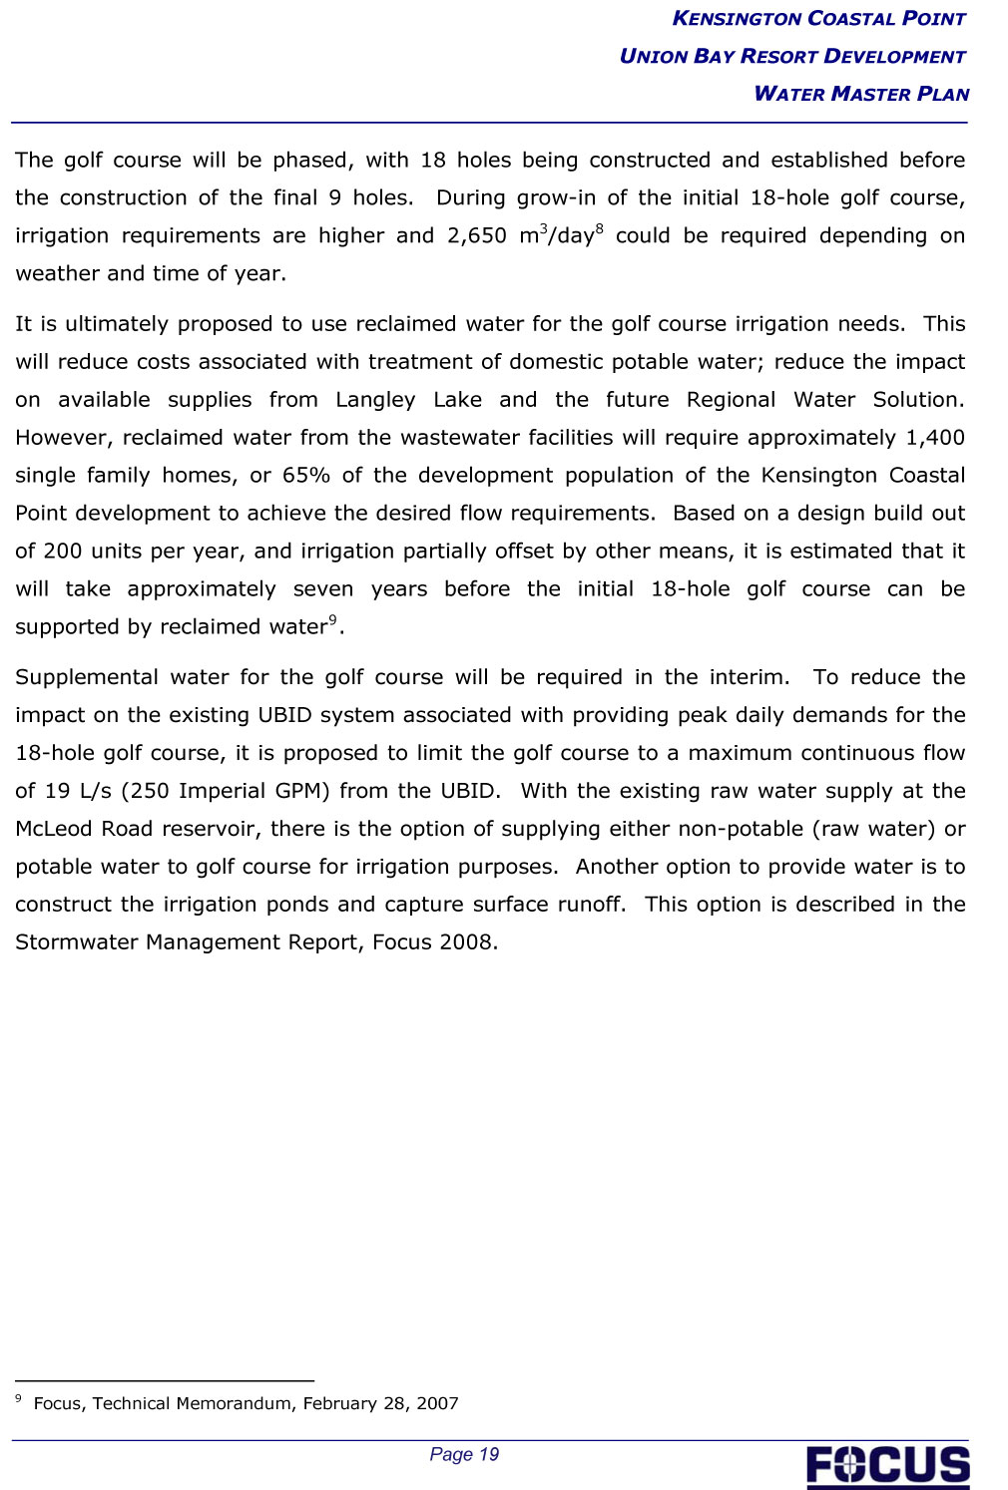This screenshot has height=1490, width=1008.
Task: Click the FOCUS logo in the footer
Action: tap(887, 1465)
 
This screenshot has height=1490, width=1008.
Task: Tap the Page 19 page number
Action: tap(464, 1454)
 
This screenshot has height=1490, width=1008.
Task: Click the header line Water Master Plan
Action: tap(861, 94)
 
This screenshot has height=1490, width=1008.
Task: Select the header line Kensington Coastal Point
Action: tap(818, 18)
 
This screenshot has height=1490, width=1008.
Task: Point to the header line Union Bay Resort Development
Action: tap(792, 56)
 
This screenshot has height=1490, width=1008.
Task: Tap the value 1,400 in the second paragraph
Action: tap(935, 438)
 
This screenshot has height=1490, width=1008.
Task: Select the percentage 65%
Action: tap(305, 476)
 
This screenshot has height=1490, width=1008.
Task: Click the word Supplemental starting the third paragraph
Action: tap(86, 677)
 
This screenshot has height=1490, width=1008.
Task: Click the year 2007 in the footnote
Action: tap(437, 1403)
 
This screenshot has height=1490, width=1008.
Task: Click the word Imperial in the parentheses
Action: tap(215, 791)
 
